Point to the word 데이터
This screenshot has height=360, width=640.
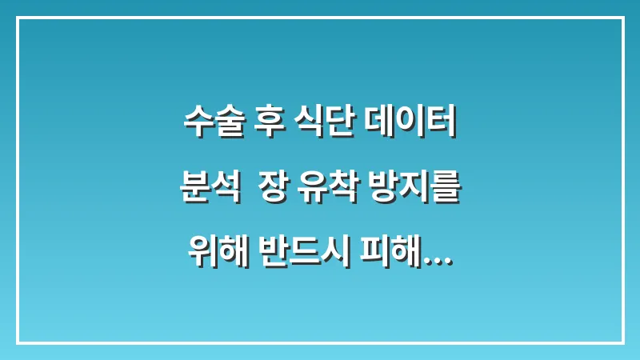pos(410,124)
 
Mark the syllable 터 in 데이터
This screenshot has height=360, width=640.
pos(441,124)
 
